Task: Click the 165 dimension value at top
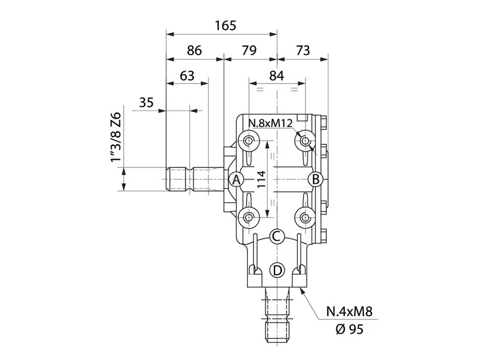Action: coord(225,25)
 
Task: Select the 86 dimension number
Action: coord(194,50)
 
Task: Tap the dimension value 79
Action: coord(249,50)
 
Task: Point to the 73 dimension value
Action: coord(303,50)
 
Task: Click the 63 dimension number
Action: coord(187,76)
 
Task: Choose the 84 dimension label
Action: coord(277,76)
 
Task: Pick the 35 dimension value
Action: coord(146,102)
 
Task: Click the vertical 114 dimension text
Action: coord(262,179)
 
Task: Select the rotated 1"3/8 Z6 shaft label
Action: coord(116,138)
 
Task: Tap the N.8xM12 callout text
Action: coord(270,123)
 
